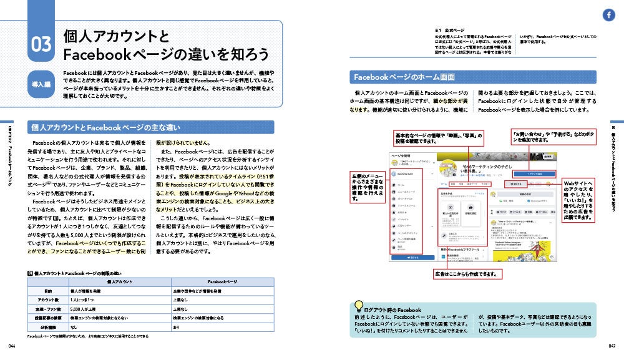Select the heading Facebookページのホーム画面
(404, 77)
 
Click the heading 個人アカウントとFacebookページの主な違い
(105, 127)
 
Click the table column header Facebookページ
(222, 282)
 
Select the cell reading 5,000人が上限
(84, 309)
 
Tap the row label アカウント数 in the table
(47, 300)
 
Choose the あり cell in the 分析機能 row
(176, 327)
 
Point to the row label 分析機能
(47, 327)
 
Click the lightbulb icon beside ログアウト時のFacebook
(359, 306)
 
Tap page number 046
(11, 346)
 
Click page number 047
(612, 346)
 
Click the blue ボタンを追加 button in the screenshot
(530, 173)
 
